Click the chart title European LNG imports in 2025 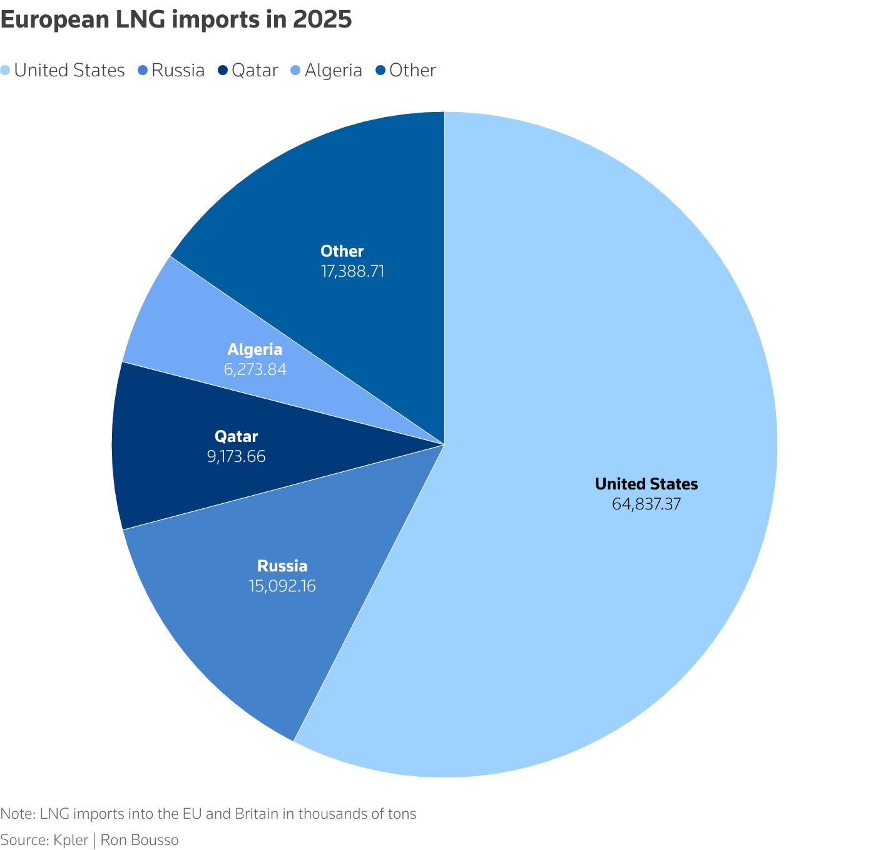tap(176, 20)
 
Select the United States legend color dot tap(6, 71)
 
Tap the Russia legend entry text tap(178, 71)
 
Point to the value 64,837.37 tap(646, 504)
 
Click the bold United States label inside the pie tap(646, 484)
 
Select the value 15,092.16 tap(282, 586)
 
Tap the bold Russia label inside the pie tap(282, 566)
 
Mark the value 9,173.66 tap(236, 456)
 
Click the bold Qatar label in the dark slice tap(236, 436)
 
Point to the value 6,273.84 tap(255, 369)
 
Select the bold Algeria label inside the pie tap(255, 349)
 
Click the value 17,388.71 tap(352, 271)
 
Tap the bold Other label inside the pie tap(342, 252)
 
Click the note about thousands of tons tap(208, 814)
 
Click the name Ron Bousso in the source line tap(139, 840)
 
